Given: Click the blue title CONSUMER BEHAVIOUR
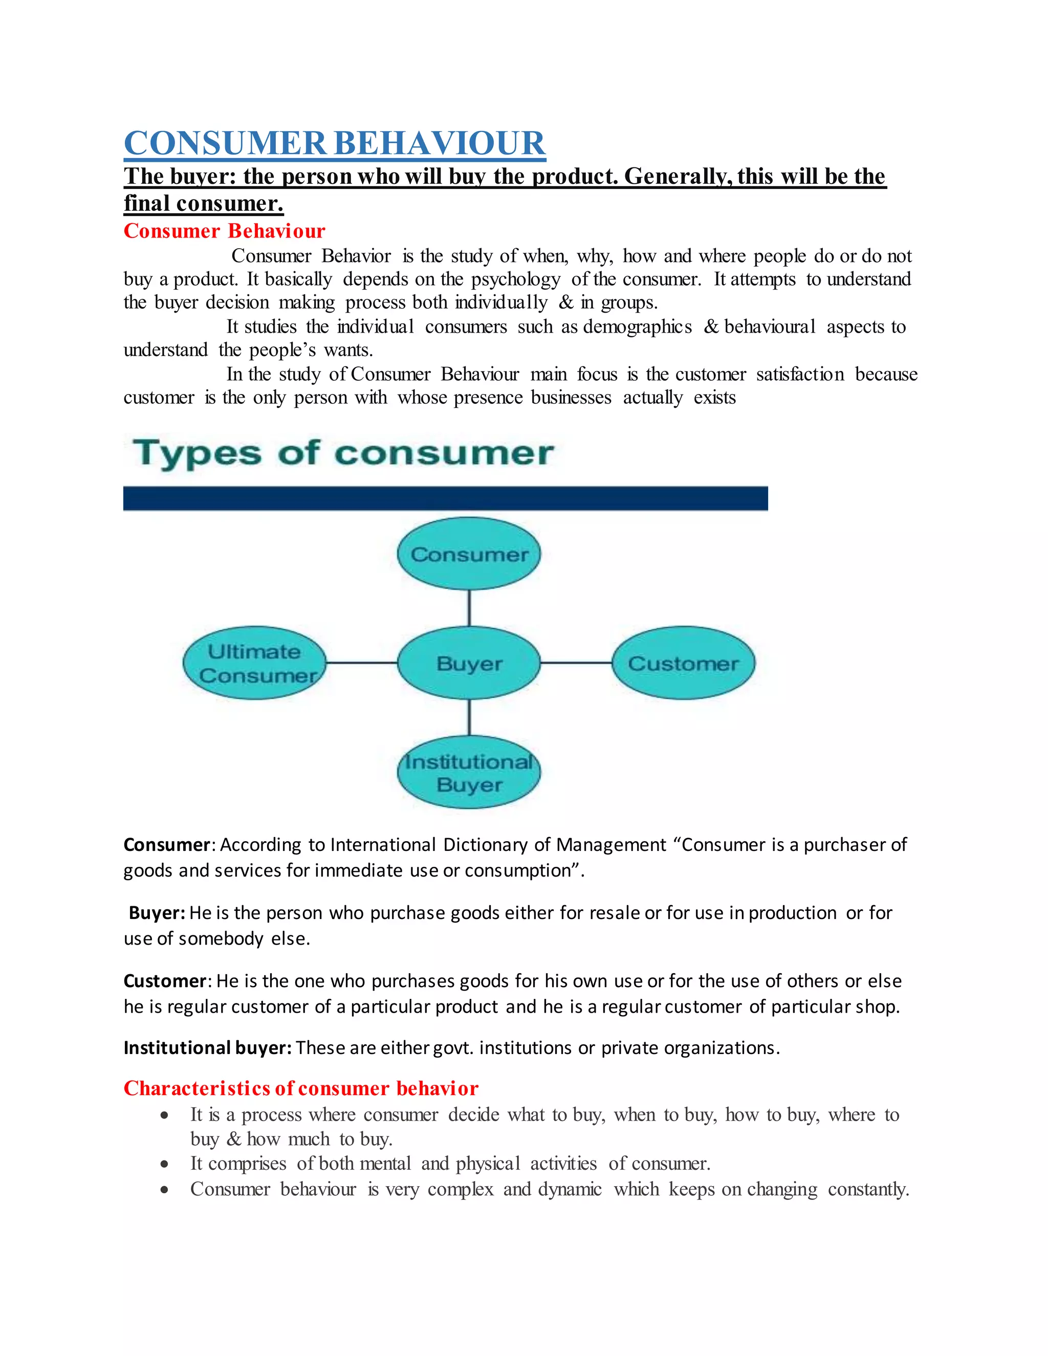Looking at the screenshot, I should click(x=335, y=143).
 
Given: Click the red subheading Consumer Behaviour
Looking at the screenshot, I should click(x=224, y=231).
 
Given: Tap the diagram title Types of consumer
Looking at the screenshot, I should click(x=343, y=453).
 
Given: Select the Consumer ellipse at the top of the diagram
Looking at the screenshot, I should click(x=469, y=554).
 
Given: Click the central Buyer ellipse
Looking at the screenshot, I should click(x=469, y=663).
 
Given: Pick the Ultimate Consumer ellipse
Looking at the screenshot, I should click(x=254, y=663).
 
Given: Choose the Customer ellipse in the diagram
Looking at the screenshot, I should click(x=683, y=663).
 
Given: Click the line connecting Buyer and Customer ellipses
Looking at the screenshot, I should click(x=576, y=663).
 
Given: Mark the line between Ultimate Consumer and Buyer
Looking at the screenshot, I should click(x=361, y=663).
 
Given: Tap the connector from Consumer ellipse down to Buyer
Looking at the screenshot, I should click(x=469, y=608).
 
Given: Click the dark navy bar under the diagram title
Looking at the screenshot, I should click(x=445, y=498).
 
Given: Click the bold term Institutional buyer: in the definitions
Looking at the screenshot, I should click(x=207, y=1048).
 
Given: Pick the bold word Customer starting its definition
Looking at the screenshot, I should click(x=165, y=981).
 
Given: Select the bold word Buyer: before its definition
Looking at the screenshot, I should click(x=157, y=913).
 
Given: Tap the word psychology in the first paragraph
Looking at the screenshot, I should click(x=515, y=280).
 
